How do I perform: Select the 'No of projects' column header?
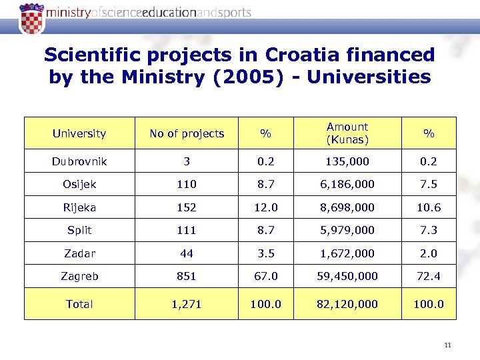tap(187, 133)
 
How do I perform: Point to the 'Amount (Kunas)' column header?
tap(347, 133)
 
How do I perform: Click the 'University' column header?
tap(79, 133)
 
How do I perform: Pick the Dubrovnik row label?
tap(79, 161)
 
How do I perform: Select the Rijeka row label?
tap(79, 207)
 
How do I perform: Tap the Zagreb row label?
tap(79, 276)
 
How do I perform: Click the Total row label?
tap(79, 304)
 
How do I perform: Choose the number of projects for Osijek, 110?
tap(187, 185)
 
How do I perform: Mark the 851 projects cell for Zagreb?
tap(187, 276)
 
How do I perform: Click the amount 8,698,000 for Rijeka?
tap(347, 207)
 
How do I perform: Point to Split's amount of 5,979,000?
tap(347, 230)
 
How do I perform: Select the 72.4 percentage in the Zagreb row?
tap(429, 276)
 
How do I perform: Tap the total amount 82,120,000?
tap(347, 304)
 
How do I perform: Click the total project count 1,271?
tap(187, 304)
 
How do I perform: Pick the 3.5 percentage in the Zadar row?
tap(265, 253)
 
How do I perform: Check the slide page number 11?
tap(447, 345)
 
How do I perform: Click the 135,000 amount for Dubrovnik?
tap(347, 161)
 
